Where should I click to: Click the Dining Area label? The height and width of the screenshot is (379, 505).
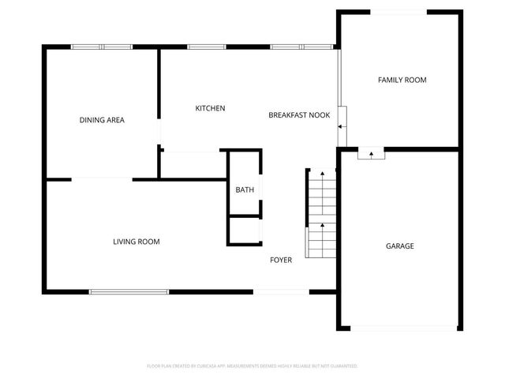[x=102, y=120]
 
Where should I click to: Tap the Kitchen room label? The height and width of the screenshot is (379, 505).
[x=211, y=108]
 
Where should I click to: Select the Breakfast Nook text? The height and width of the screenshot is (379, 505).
[x=299, y=115]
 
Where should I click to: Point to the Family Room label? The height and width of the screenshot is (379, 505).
[x=402, y=80]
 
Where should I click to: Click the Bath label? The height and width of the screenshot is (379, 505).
[x=245, y=189]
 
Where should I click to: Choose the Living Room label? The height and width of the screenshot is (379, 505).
[x=137, y=242]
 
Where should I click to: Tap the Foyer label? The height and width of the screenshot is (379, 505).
[x=281, y=260]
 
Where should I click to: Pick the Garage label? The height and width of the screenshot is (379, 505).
[x=399, y=246]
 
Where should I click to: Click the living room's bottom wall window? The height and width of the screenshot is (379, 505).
[x=129, y=292]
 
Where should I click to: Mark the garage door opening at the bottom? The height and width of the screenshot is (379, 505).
[x=402, y=328]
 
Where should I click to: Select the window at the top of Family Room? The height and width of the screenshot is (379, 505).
[x=399, y=11]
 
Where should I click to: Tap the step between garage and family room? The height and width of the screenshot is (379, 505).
[x=370, y=154]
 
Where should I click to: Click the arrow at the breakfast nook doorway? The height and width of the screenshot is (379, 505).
[x=341, y=126]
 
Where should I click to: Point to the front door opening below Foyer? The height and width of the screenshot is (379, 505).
[x=281, y=292]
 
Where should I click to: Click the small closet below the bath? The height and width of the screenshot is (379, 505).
[x=245, y=230]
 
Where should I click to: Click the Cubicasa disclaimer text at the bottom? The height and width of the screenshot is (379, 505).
[x=252, y=366]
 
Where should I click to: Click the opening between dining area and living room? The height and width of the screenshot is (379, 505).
[x=102, y=179]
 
